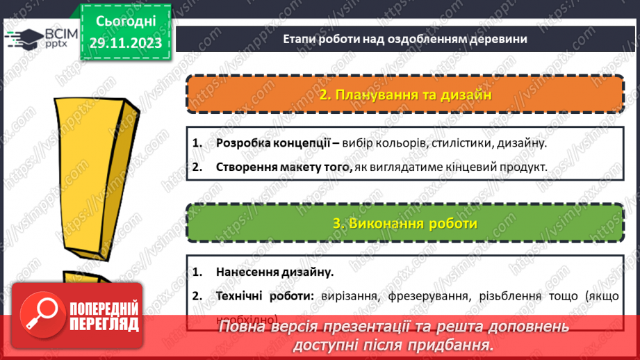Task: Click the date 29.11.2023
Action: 125,43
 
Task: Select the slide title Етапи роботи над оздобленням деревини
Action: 405,39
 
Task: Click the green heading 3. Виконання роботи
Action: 405,223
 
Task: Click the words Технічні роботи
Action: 263,295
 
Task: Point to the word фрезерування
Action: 423,295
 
